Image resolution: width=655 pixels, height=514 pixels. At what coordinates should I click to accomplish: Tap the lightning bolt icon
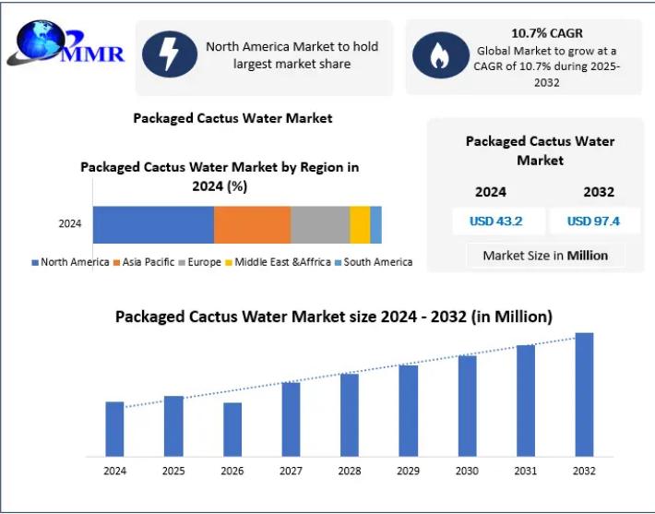170,54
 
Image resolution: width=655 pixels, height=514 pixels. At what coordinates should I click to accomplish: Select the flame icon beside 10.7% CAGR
440,55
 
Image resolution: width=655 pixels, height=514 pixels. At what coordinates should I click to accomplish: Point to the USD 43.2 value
495,221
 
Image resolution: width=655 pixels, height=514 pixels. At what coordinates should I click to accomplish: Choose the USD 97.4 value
592,221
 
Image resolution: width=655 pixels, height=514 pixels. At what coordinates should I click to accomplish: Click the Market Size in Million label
545,256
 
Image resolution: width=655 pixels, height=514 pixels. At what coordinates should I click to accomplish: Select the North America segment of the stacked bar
153,224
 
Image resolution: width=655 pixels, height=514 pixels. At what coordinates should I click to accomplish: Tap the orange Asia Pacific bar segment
252,224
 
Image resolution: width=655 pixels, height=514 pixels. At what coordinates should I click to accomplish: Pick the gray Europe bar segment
320,224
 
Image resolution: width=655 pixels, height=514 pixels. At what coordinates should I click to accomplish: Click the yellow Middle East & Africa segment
360,224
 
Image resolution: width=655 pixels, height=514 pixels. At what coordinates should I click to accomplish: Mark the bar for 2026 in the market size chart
232,429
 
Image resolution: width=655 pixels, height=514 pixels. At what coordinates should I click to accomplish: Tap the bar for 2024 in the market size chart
114,428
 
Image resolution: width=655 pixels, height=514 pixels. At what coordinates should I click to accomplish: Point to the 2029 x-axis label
408,471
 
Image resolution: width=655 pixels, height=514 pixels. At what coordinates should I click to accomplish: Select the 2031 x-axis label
525,471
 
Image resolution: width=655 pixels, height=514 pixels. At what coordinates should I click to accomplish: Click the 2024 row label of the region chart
70,224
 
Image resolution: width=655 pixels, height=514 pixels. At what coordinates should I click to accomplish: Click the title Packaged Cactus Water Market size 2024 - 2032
333,317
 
